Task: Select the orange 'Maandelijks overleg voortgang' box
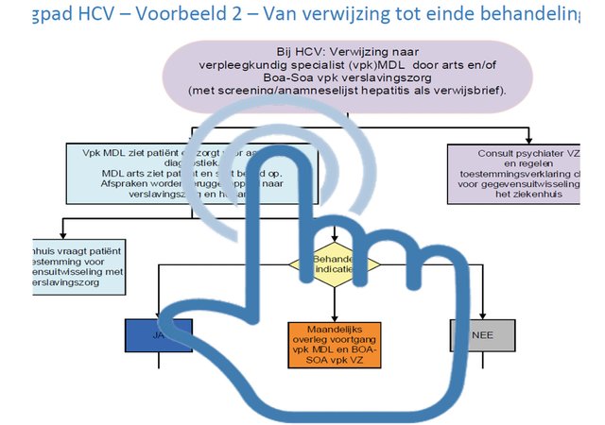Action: pyautogui.click(x=332, y=339)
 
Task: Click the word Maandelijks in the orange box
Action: pyautogui.click(x=332, y=327)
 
